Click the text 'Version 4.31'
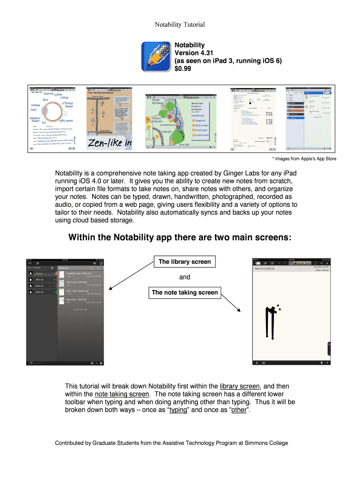click(x=193, y=53)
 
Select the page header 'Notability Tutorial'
click(x=180, y=24)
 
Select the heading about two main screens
click(x=180, y=238)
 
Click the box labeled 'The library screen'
click(x=185, y=262)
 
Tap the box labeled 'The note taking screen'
click(x=184, y=293)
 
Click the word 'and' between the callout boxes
click(x=185, y=277)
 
